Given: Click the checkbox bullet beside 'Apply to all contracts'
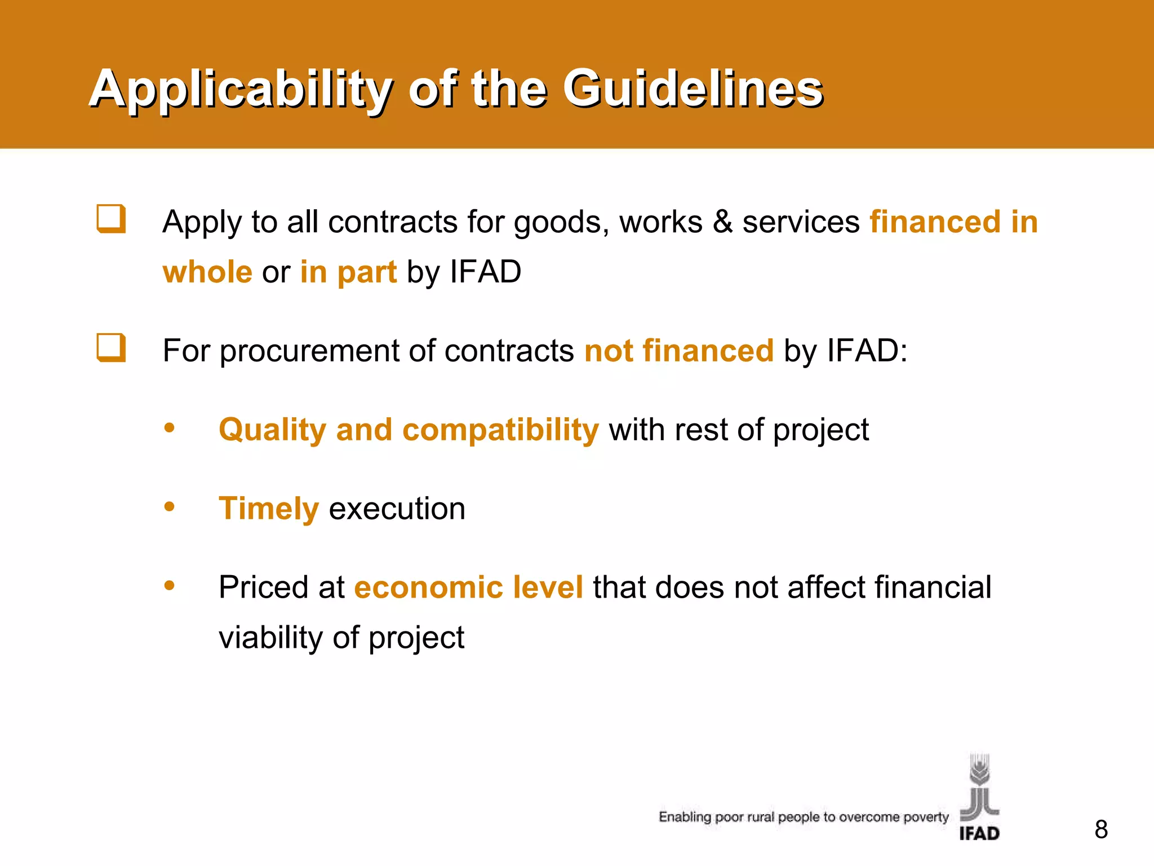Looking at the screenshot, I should click(x=110, y=219).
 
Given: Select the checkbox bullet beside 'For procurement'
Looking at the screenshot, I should click(x=110, y=348).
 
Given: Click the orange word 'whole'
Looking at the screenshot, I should click(x=207, y=272).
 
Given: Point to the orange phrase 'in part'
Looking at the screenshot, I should click(x=348, y=272).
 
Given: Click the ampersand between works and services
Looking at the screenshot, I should click(x=722, y=222).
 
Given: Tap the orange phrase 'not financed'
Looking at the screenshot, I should click(x=679, y=351).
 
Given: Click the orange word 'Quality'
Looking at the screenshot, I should click(x=272, y=430).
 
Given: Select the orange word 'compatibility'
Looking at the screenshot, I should click(x=500, y=430).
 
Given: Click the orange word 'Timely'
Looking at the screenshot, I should click(x=269, y=509).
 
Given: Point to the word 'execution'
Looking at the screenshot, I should click(x=397, y=509).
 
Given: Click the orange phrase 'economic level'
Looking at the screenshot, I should click(x=468, y=587).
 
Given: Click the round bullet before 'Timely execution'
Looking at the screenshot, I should click(x=169, y=507).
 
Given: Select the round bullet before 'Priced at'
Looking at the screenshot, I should click(x=169, y=586).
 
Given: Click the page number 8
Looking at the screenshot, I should click(x=1101, y=829).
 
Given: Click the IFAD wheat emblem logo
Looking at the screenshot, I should click(x=979, y=789).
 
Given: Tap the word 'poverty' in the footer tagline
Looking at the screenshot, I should click(x=926, y=818).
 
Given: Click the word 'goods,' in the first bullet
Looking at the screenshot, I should click(x=561, y=222).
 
